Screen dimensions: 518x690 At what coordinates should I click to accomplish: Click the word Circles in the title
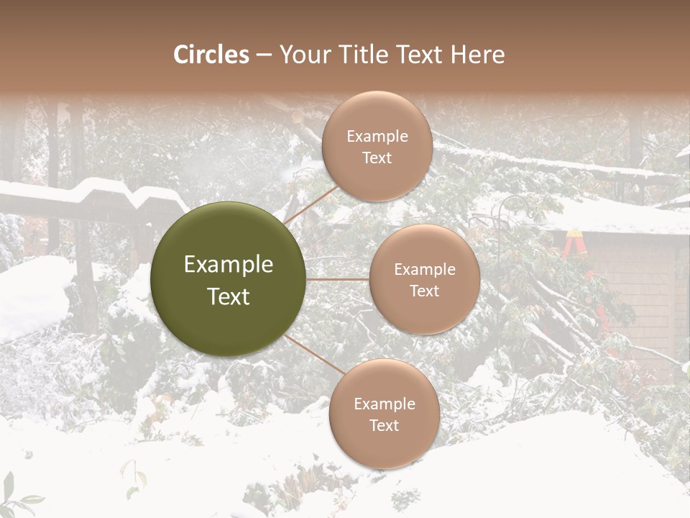coord(211,55)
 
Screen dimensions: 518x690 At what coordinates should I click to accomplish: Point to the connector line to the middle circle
coord(338,279)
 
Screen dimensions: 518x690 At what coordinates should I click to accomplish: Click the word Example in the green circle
coord(229,265)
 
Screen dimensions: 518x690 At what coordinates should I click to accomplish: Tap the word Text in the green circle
coord(229,296)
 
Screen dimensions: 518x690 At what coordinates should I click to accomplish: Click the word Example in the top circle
coord(377,137)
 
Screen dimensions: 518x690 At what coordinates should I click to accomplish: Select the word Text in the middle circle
coord(424,291)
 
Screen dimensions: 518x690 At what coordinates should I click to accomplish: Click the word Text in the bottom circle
coord(384,425)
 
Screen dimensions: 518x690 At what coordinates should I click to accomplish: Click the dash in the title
coord(263,55)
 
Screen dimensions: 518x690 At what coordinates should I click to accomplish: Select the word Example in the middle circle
coord(424,270)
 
